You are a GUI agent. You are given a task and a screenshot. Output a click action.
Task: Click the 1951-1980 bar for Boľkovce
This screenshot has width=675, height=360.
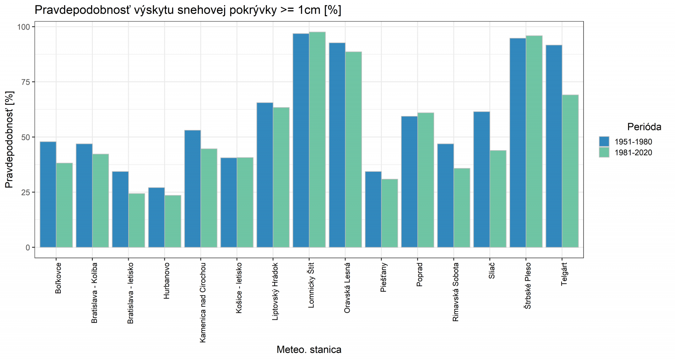(x=48, y=194)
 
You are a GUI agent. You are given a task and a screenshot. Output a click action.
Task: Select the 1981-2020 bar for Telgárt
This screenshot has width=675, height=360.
(x=570, y=171)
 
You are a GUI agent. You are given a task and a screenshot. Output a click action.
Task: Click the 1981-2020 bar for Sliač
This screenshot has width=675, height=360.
(x=498, y=199)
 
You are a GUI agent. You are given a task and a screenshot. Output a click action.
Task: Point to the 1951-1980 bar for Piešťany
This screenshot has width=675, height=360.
(x=373, y=209)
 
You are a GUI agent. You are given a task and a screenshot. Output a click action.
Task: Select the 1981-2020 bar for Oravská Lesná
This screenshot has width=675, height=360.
(x=353, y=149)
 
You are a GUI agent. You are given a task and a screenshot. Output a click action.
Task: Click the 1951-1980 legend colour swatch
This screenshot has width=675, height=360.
(x=604, y=141)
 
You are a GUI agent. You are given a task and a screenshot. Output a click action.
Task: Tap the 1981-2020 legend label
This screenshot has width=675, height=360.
(x=633, y=153)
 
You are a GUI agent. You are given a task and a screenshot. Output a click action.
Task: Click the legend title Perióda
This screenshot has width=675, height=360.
(x=644, y=127)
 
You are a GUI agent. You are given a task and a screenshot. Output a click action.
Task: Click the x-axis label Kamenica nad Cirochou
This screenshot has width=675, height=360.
(x=203, y=302)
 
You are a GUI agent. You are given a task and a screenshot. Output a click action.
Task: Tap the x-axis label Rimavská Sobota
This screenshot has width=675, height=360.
(x=456, y=292)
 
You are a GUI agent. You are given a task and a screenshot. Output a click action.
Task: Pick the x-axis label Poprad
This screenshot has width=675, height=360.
(x=419, y=275)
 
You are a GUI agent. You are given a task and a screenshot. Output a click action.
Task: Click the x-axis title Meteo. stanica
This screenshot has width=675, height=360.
(x=309, y=349)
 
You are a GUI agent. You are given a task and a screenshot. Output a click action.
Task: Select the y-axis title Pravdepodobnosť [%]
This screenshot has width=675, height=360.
(x=9, y=140)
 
